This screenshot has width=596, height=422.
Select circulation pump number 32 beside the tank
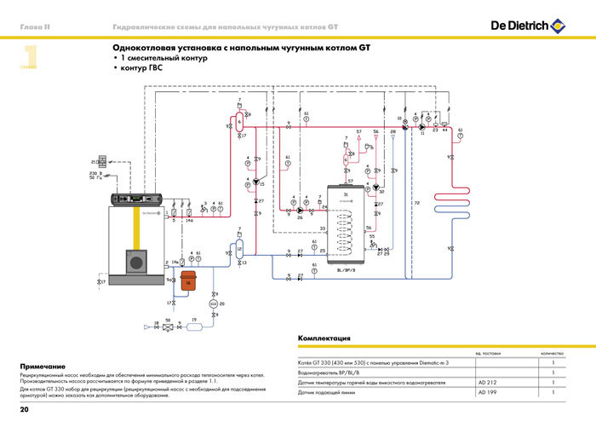click(375, 191)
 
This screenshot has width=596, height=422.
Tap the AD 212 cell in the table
click(486, 383)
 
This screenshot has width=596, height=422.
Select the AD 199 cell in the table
click(486, 393)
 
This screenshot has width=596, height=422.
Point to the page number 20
click(24, 411)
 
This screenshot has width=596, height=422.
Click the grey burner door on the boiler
click(135, 260)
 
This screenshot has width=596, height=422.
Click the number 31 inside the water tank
click(346, 195)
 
